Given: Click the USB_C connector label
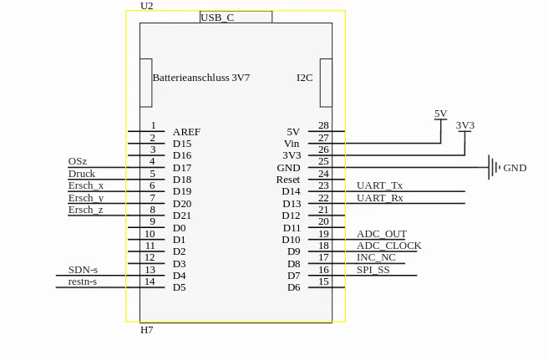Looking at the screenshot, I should coord(217,18).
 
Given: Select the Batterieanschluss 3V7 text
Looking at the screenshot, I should coord(200,78).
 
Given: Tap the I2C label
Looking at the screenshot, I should coord(304,78).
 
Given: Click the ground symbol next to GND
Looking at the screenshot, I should coord(494,167).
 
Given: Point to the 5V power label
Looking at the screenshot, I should coord(440,114).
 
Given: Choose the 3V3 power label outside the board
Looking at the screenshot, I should coord(464,125).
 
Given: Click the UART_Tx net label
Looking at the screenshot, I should coord(379,185).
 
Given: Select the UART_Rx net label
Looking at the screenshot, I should coord(379,198).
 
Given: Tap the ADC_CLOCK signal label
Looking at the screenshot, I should coord(388,246).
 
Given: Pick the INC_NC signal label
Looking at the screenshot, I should coord(376,257).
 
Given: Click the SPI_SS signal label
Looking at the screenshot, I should coord(373,270).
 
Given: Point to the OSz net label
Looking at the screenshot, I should coord(77,161).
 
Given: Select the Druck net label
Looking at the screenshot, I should coord(81,174).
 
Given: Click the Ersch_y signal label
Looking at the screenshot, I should coord(86,198).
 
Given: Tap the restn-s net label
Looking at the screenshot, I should coord(82,281).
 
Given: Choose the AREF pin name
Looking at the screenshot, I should coord(186,132).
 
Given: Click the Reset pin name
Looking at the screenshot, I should coord(287,180).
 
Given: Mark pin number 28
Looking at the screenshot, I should coord(323,126).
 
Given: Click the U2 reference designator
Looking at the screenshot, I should coord(146,6).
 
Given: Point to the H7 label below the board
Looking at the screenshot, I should coord(146,330).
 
